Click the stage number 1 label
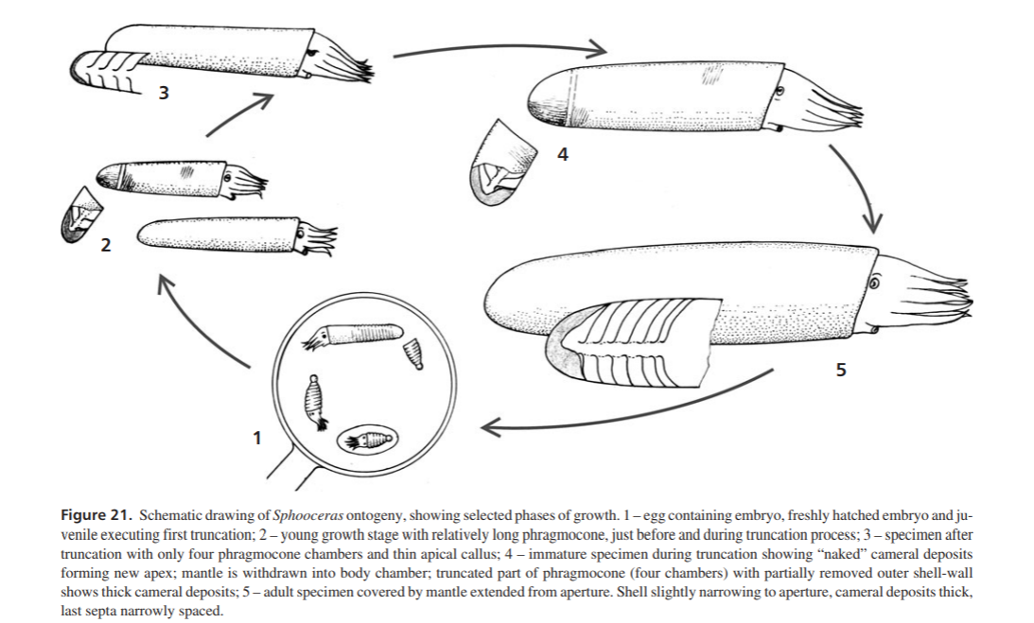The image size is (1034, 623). point(257,438)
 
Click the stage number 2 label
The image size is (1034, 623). point(106,245)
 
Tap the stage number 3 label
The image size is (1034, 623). point(163,93)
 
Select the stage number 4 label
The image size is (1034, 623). point(562,154)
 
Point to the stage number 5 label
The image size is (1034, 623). point(841,370)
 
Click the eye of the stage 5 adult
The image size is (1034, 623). point(874,283)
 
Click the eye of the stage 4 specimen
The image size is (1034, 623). point(780,91)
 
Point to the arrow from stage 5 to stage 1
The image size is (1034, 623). point(626,415)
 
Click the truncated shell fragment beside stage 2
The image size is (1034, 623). point(81,215)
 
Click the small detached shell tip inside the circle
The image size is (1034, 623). point(412,354)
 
